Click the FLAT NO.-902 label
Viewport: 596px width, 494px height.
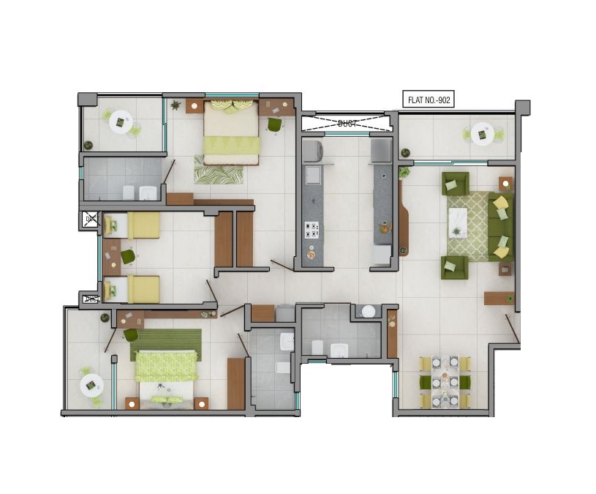429,100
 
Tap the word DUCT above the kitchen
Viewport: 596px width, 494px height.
347,124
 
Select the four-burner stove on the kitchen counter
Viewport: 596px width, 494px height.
312,231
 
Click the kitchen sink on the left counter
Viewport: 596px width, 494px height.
312,176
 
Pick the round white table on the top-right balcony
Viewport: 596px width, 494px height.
482,134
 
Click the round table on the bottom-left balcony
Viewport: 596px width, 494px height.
91,383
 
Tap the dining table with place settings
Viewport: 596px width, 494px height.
445,381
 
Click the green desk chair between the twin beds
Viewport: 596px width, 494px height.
128,256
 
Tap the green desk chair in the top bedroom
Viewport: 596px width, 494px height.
274,125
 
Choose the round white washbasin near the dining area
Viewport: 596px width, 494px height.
369,311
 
